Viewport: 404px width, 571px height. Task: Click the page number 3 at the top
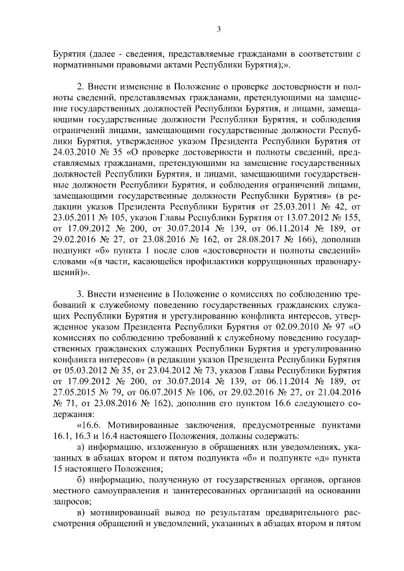tap(218, 28)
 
